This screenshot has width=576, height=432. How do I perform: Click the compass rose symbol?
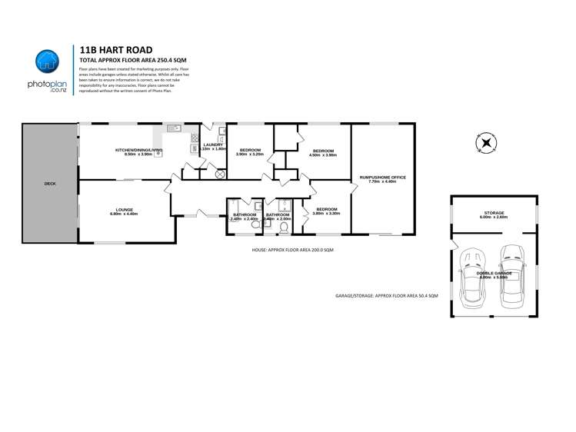[x=485, y=144]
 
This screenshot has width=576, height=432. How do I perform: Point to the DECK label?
[x=50, y=184]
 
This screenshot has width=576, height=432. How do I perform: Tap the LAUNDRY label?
[x=213, y=145]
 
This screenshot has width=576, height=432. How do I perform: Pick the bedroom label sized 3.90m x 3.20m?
[x=251, y=151]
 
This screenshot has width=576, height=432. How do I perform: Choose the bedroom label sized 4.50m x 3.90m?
[x=322, y=151]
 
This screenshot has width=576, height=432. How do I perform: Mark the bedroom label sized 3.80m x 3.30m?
[x=327, y=211]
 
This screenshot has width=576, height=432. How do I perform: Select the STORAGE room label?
[x=494, y=214]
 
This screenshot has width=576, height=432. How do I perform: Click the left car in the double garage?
[x=471, y=277]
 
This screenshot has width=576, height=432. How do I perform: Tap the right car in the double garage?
[x=511, y=277]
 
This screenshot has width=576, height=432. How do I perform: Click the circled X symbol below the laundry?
[x=220, y=174]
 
